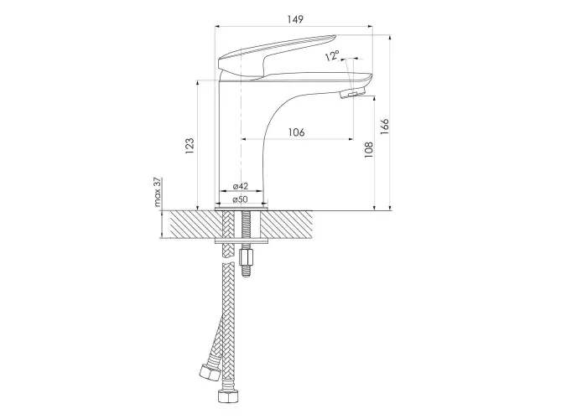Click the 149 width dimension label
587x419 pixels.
pyautogui.click(x=295, y=19)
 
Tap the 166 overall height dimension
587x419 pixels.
pyautogui.click(x=384, y=127)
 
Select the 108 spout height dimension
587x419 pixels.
pyautogui.click(x=369, y=149)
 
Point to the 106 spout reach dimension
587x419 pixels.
pyautogui.click(x=297, y=132)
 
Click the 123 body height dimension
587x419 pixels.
pyautogui.click(x=190, y=147)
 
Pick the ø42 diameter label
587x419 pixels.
pyautogui.click(x=241, y=186)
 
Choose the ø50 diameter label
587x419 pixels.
pyautogui.click(x=241, y=199)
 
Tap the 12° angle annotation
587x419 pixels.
pyautogui.click(x=332, y=56)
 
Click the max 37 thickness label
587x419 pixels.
pyautogui.click(x=158, y=192)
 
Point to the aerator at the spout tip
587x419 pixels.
pyautogui.click(x=352, y=93)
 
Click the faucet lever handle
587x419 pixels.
pyautogui.click(x=276, y=56)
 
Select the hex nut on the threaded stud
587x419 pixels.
pyautogui.click(x=245, y=257)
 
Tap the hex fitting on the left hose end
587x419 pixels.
pyautogui.click(x=208, y=373)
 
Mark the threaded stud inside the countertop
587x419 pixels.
pyautogui.click(x=245, y=225)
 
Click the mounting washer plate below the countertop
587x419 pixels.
pyautogui.click(x=242, y=241)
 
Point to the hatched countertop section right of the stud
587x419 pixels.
pyautogui.click(x=287, y=224)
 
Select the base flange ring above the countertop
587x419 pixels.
pyautogui.click(x=242, y=206)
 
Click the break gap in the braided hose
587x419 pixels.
pyautogui.click(x=228, y=261)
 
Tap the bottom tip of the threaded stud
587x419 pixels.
pyautogui.click(x=246, y=276)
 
